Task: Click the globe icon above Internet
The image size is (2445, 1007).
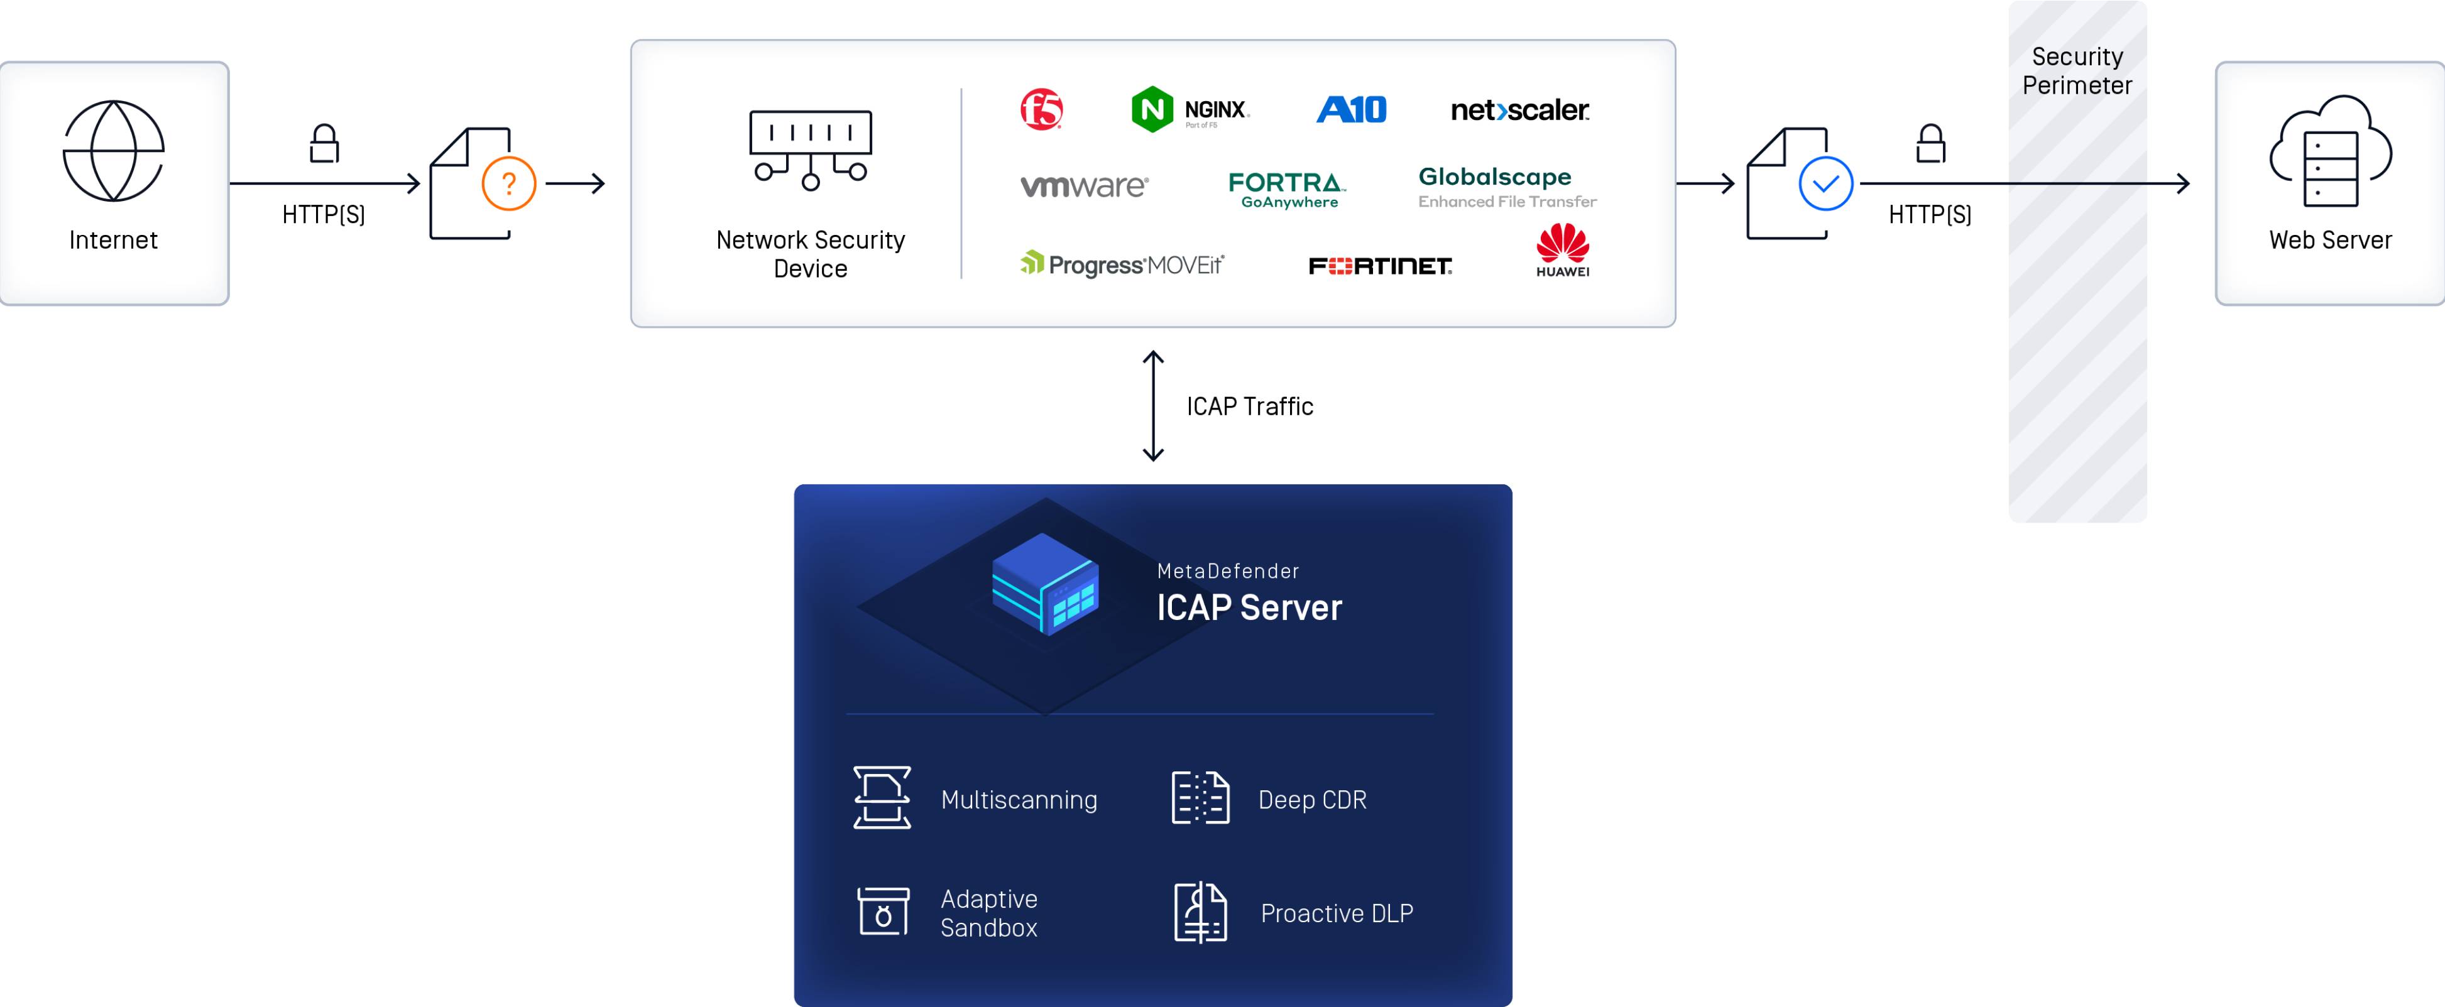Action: [113, 151]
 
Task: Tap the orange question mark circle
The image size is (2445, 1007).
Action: [509, 183]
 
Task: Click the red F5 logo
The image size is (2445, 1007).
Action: [1041, 110]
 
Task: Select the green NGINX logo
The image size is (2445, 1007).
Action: [1190, 110]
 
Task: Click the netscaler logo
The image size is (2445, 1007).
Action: [1519, 110]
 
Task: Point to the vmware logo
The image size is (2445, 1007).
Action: [1084, 185]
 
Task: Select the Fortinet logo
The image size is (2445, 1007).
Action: [1379, 266]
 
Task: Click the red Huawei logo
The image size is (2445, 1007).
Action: [1562, 249]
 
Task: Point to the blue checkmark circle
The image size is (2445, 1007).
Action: [1825, 183]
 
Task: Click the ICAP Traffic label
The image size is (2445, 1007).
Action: [1249, 406]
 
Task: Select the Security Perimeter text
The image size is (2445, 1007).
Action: [2077, 71]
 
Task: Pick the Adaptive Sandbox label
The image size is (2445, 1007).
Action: [988, 913]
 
